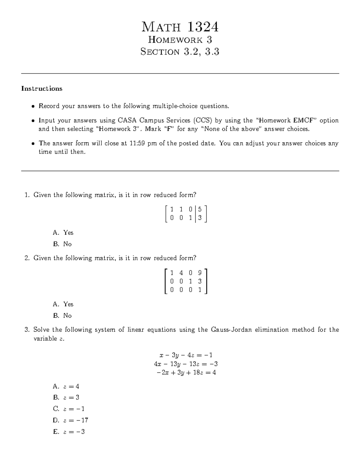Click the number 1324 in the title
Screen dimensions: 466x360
203,27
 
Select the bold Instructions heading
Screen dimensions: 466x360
42,89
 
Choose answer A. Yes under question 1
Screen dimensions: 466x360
63,233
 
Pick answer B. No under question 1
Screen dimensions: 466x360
63,244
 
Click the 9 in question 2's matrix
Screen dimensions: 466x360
200,273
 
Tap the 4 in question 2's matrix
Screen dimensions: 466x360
181,273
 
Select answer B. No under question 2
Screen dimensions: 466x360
63,316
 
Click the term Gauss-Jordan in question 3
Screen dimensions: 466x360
232,330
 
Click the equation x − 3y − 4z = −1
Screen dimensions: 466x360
186,355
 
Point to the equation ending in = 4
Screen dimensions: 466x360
186,373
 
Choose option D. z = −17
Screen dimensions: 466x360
70,420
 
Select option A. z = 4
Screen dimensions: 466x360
66,386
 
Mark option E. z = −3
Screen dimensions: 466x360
69,432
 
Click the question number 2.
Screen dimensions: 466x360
27,258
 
